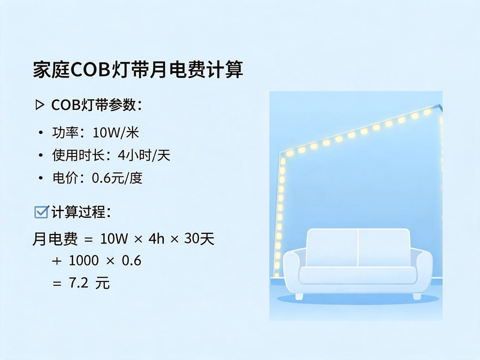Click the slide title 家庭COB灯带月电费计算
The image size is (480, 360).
click(x=138, y=70)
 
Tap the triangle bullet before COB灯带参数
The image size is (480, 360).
click(x=40, y=105)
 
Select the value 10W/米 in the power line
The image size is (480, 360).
click(x=116, y=133)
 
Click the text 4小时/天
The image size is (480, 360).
click(x=144, y=155)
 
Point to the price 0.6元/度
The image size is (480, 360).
click(x=117, y=178)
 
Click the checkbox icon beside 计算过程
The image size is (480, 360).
click(x=41, y=212)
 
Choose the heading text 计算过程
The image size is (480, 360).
click(x=81, y=212)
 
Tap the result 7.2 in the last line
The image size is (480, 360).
click(x=79, y=283)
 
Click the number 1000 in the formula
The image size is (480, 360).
click(x=83, y=260)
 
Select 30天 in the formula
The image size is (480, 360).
click(x=199, y=238)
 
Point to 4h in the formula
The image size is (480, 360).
click(x=157, y=238)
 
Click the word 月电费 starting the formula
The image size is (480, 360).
click(x=55, y=239)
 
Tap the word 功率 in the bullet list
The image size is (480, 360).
click(x=65, y=133)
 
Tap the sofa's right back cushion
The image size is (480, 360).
click(x=384, y=247)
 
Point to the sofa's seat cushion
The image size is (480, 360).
click(x=358, y=275)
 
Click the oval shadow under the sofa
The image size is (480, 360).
click(x=358, y=299)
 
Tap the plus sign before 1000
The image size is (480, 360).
click(x=56, y=261)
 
